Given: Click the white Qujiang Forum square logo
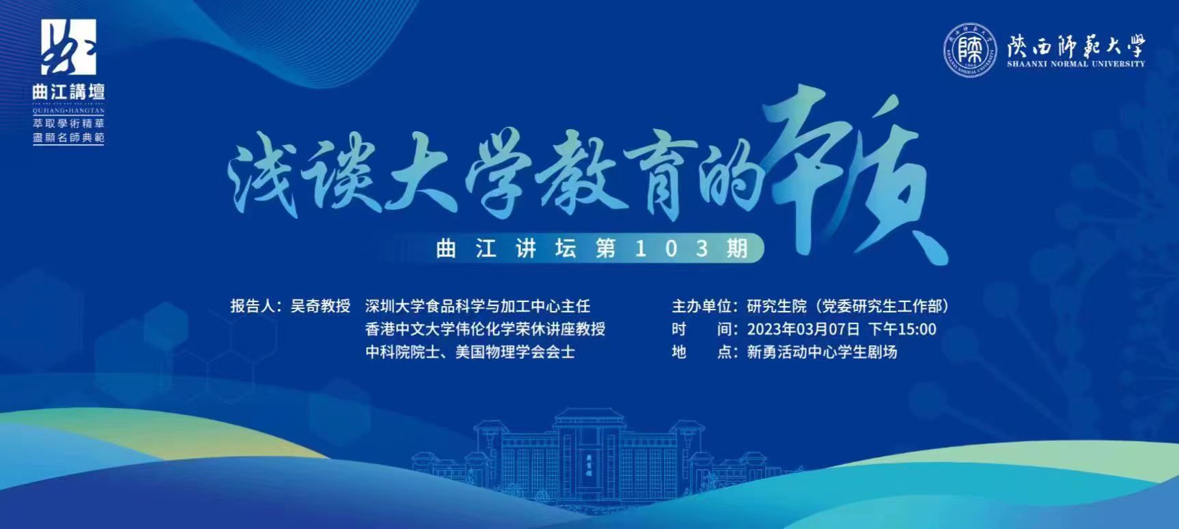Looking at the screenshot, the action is (69, 47).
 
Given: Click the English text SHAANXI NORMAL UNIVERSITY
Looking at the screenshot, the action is (1075, 64).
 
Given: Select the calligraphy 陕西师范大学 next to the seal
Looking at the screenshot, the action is (1075, 45).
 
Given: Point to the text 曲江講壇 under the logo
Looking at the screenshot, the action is (68, 92).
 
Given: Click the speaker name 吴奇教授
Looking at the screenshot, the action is (320, 306).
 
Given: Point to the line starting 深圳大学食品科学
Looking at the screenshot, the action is (477, 306).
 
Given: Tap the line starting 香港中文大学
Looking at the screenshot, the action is (485, 329).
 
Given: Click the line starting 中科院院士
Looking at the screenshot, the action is (470, 352).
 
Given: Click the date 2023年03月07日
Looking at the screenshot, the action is (803, 329).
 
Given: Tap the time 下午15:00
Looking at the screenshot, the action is (902, 329).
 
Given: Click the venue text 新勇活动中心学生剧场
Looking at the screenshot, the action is (822, 352).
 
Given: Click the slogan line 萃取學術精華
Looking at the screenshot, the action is (68, 123).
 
